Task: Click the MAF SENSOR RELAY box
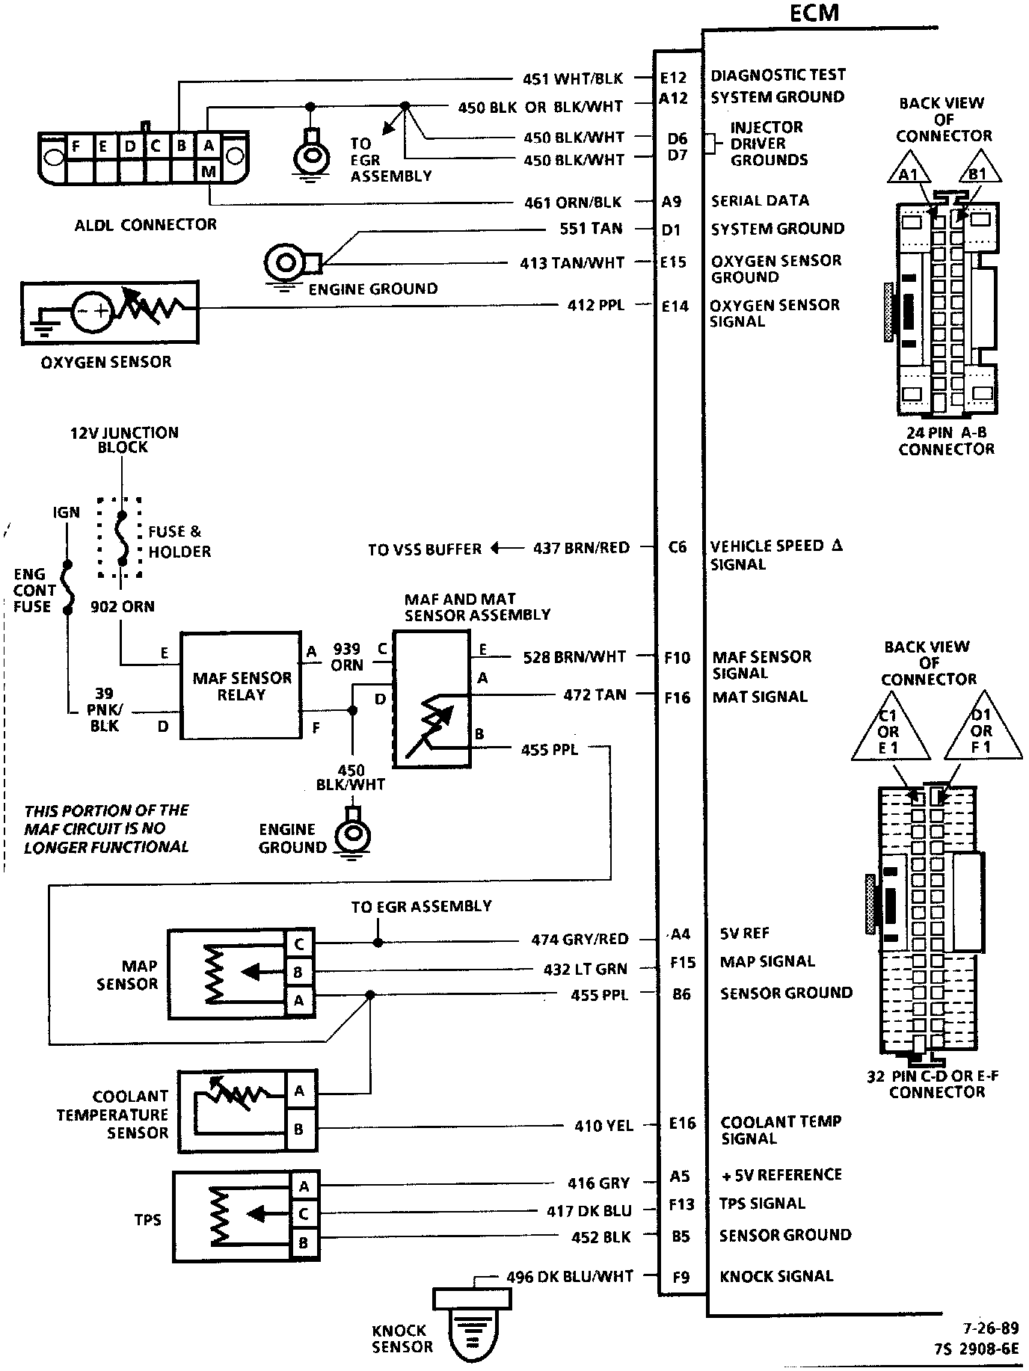(x=241, y=686)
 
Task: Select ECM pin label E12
(x=673, y=77)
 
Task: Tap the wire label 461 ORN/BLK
(x=573, y=203)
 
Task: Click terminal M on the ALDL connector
(x=209, y=172)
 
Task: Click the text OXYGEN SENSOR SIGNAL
(x=775, y=313)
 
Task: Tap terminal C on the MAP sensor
(x=299, y=944)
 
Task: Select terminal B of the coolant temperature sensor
(x=299, y=1130)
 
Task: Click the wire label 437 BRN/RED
(x=581, y=548)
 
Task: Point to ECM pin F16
(x=678, y=697)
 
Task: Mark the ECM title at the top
(x=814, y=13)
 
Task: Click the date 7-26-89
(x=990, y=1328)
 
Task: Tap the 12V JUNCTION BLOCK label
(x=124, y=440)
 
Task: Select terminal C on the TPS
(x=304, y=1213)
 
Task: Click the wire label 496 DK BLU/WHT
(x=570, y=1276)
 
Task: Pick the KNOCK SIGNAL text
(x=776, y=1276)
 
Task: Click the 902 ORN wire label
(x=123, y=606)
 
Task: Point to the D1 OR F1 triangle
(x=982, y=732)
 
